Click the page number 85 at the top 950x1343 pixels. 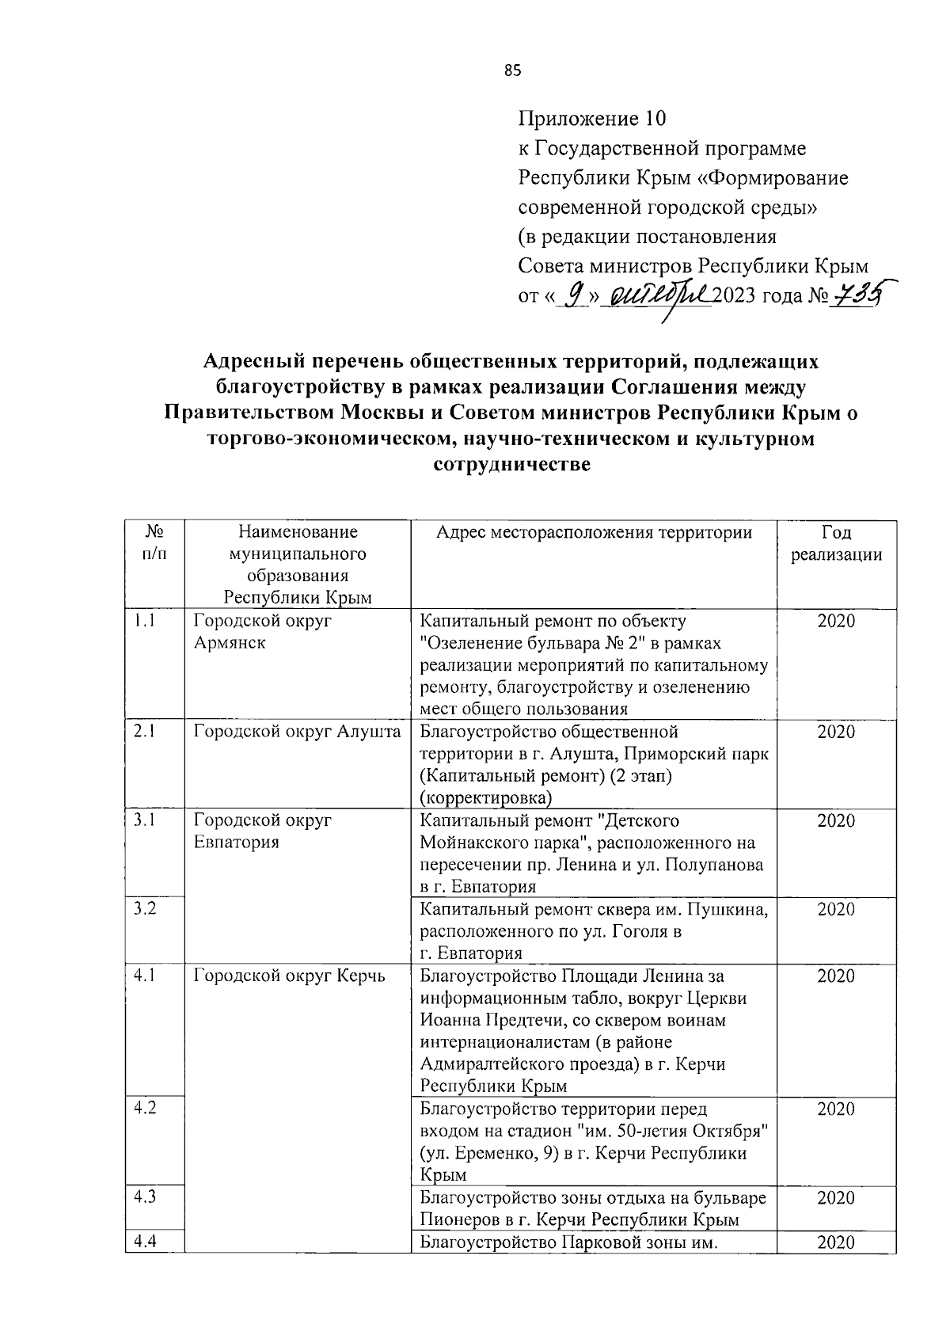(x=512, y=71)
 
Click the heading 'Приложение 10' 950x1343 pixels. (x=592, y=119)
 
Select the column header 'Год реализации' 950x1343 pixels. (x=836, y=543)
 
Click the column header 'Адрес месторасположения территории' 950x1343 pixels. (x=594, y=532)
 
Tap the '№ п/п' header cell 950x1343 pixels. (x=155, y=543)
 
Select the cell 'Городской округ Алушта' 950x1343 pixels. (x=297, y=732)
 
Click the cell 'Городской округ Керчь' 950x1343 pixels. (x=290, y=976)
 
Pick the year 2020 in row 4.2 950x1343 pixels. (x=836, y=1109)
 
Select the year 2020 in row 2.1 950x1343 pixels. (x=836, y=732)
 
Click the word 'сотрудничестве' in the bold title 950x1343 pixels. (x=512, y=465)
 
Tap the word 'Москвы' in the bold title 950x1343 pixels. (x=378, y=413)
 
